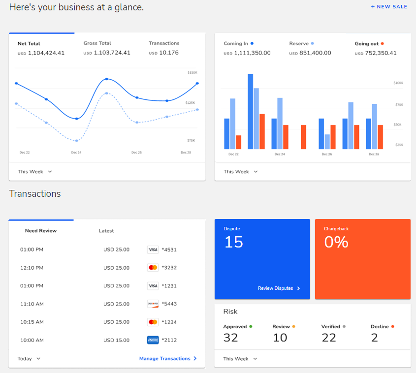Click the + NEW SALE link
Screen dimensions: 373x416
click(388, 7)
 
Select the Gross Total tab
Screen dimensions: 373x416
click(97, 43)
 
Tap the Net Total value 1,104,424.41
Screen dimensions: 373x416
click(46, 53)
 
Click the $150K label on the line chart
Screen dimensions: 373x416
click(192, 73)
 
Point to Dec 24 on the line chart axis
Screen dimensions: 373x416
click(76, 153)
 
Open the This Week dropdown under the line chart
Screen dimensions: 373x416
click(34, 172)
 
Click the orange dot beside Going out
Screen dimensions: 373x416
click(382, 43)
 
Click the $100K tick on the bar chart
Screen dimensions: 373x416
click(398, 83)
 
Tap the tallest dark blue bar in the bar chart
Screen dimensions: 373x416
click(250, 111)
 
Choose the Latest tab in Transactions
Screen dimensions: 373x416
click(106, 231)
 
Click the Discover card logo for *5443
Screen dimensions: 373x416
click(153, 304)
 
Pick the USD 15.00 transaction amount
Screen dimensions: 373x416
click(116, 340)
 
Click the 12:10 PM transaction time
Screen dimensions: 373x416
click(32, 268)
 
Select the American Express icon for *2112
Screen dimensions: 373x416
click(153, 340)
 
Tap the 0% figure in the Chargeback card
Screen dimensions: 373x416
click(336, 242)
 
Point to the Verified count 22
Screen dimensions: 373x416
click(328, 338)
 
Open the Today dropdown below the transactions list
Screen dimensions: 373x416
click(29, 359)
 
